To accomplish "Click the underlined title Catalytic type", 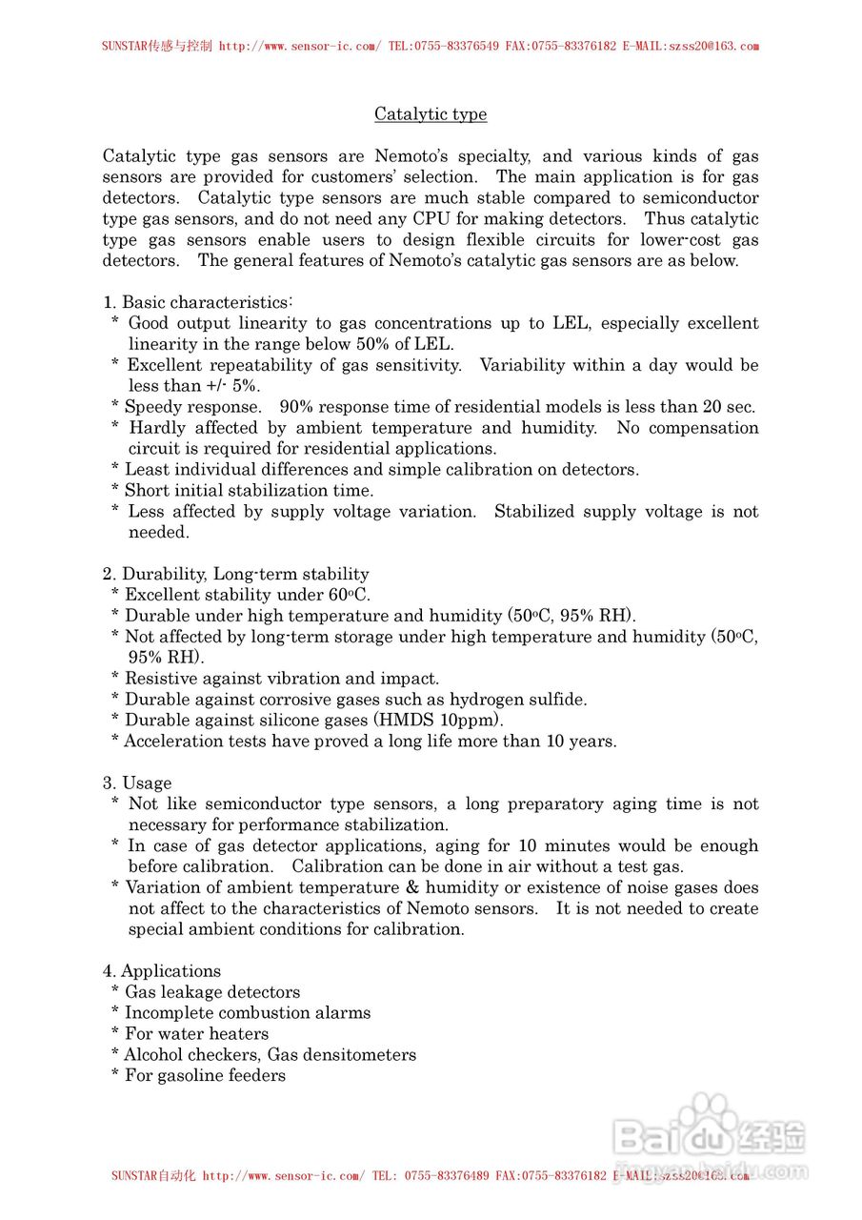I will tap(431, 114).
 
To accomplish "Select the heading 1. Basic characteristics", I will tap(197, 302).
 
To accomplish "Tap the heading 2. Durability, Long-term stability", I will tap(235, 574).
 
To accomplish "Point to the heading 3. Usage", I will tap(137, 783).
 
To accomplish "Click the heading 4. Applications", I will tap(162, 971).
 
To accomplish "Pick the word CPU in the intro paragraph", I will tap(431, 219).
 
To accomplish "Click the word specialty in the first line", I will tap(499, 156).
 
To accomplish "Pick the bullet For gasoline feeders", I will tap(205, 1076).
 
